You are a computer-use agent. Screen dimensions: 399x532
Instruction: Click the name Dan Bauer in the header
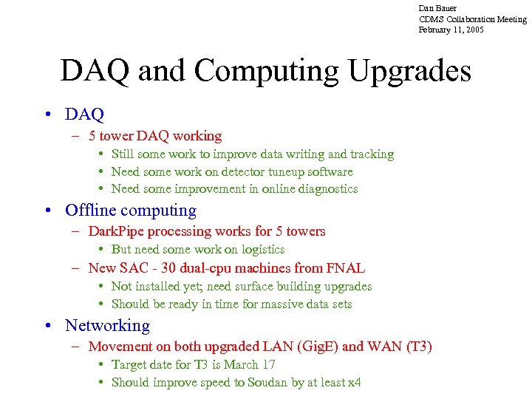point(437,8)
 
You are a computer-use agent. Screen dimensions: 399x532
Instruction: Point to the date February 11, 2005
point(451,30)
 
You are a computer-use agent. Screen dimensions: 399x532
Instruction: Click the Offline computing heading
point(131,211)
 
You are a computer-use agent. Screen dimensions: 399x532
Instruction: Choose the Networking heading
point(107,326)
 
